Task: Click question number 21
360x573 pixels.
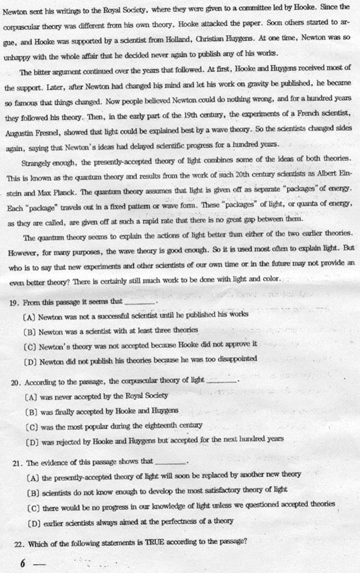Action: (x=15, y=463)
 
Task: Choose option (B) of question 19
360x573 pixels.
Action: (x=30, y=330)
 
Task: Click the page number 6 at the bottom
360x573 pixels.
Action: (x=23, y=563)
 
